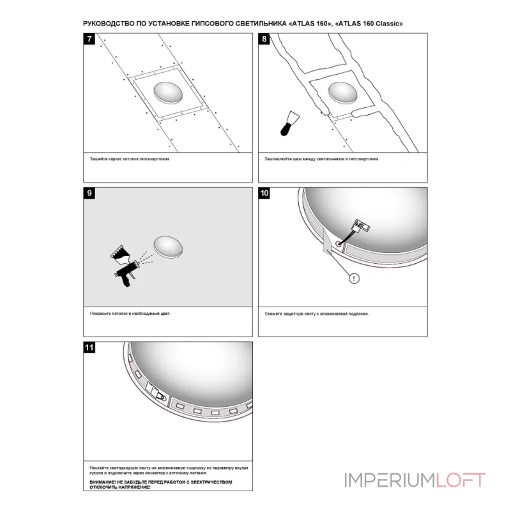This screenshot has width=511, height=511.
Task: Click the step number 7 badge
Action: pyautogui.click(x=89, y=39)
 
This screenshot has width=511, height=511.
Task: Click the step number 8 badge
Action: pyautogui.click(x=264, y=39)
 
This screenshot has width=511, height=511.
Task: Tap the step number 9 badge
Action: pyautogui.click(x=89, y=193)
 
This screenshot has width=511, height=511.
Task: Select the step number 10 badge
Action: pyautogui.click(x=264, y=193)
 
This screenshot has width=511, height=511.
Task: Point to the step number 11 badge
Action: pyautogui.click(x=89, y=347)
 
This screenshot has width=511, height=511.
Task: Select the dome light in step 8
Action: pyautogui.click(x=343, y=93)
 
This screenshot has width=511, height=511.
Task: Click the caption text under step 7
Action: pyautogui.click(x=130, y=159)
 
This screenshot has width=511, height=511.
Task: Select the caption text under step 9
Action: pyautogui.click(x=130, y=314)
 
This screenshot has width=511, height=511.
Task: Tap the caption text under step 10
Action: pyautogui.click(x=316, y=314)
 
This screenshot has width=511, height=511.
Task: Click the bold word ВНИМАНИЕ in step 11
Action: pyautogui.click(x=102, y=482)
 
